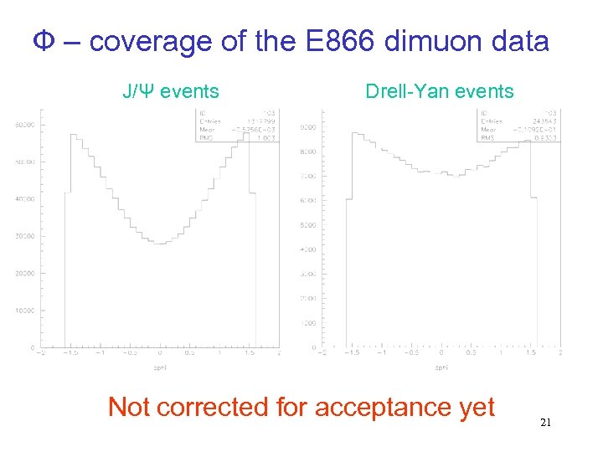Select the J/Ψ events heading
(171, 91)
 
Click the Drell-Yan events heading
(440, 91)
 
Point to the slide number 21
(545, 424)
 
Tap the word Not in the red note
(130, 407)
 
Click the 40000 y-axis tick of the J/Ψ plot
(24, 199)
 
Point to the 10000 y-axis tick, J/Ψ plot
(24, 311)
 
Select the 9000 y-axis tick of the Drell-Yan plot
(308, 127)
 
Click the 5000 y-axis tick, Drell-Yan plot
(308, 225)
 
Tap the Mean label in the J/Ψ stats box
(209, 130)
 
